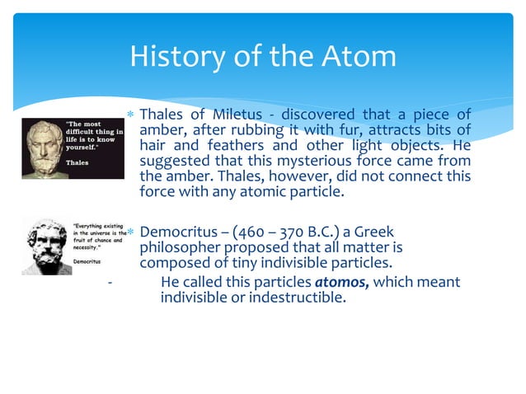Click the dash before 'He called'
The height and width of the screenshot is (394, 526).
tap(110, 283)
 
